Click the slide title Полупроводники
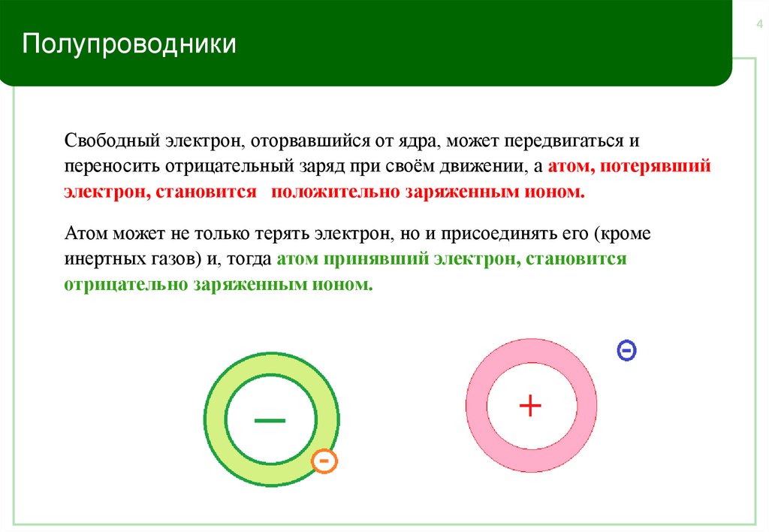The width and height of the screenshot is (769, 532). coord(128,44)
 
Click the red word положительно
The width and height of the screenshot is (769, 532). coord(336,191)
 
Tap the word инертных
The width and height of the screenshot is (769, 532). coord(101,259)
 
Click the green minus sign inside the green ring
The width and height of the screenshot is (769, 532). coord(270,420)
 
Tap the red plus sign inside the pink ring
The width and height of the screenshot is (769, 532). coord(531,406)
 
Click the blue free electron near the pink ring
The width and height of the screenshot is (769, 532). coord(626,349)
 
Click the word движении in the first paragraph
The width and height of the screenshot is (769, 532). coord(496,166)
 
